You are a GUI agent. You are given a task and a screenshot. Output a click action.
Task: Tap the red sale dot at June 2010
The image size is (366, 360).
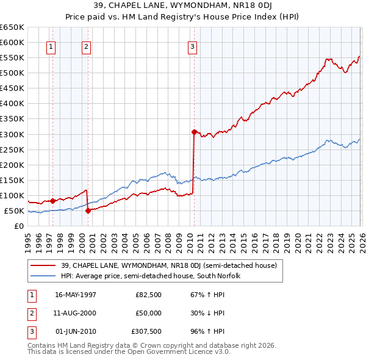click(x=194, y=132)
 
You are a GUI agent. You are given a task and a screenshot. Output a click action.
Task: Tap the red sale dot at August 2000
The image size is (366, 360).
click(x=88, y=211)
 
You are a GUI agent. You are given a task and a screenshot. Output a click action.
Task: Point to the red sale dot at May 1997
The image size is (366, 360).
click(x=53, y=201)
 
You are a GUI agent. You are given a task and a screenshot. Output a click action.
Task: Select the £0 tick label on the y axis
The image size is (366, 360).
click(x=20, y=226)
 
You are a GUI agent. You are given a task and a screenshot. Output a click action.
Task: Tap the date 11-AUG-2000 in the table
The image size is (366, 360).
click(x=76, y=314)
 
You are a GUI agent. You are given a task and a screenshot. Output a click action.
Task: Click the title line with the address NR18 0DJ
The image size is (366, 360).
click(x=182, y=6)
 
